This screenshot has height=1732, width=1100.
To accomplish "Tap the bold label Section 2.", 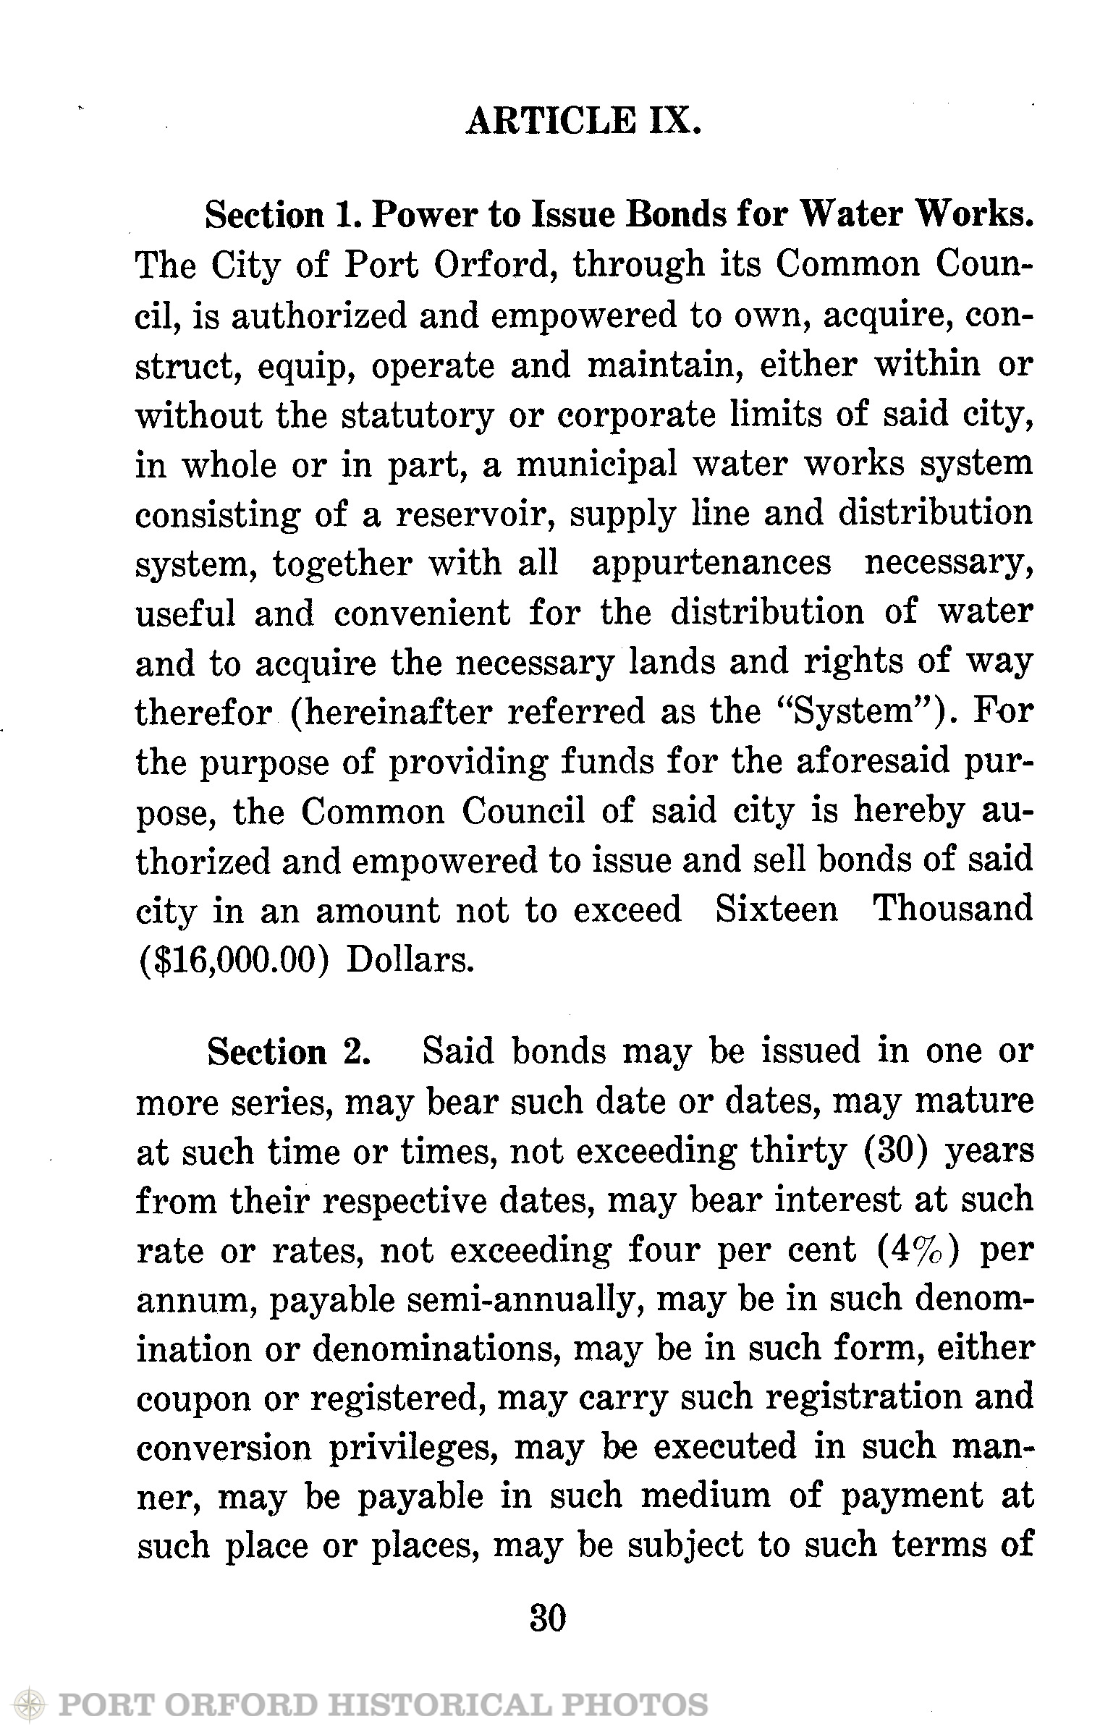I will point(289,1052).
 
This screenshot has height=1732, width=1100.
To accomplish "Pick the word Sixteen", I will point(777,909).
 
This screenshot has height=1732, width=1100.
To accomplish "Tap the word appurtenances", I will point(711,564).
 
